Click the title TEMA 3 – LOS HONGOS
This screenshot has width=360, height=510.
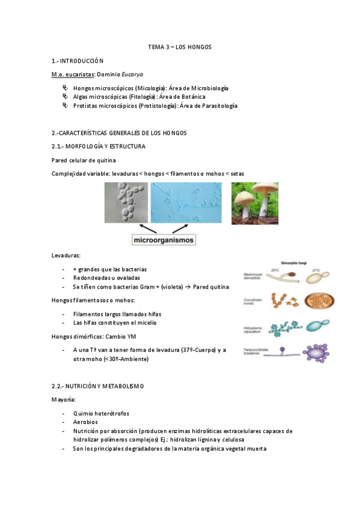coord(180,47)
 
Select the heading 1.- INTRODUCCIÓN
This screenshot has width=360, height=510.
coord(78,61)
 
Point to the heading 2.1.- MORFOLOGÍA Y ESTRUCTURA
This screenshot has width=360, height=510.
coord(98,146)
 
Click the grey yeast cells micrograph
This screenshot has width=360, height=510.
coord(124,203)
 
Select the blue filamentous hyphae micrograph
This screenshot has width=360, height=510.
coord(187,203)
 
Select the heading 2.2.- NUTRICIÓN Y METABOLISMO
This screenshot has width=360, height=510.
coord(97,385)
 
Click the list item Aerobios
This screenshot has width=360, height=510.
coord(86,422)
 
